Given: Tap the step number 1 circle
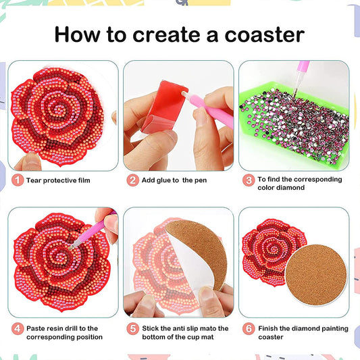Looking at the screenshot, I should coord(16,180).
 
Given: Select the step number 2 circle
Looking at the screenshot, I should coord(133,180).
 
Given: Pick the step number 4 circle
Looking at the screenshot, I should coord(16,329).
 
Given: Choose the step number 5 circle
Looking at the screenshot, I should coord(133,329).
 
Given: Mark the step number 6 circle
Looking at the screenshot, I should coord(249,329).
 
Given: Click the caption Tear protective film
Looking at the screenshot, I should coord(59,180).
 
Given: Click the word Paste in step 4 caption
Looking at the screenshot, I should coord(37,329).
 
